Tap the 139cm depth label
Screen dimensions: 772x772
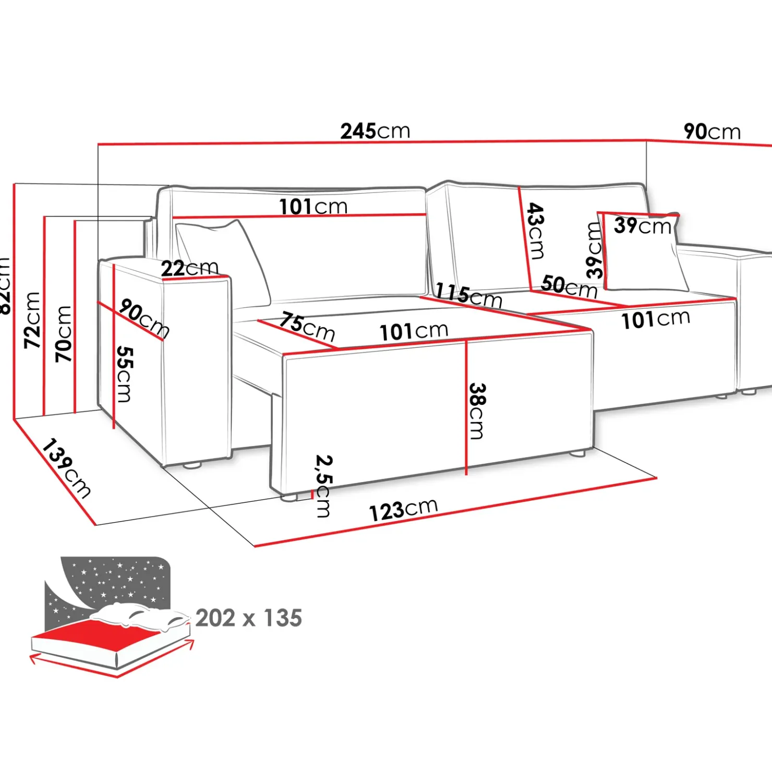click(66, 468)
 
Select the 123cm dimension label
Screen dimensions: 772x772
click(403, 510)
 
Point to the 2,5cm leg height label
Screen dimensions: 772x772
click(323, 486)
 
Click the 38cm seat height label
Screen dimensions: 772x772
click(477, 411)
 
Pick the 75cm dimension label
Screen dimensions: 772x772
click(307, 326)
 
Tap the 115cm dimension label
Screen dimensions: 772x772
click(468, 295)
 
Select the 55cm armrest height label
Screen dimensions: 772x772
click(124, 373)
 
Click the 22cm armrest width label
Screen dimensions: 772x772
click(189, 268)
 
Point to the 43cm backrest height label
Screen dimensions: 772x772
click(535, 231)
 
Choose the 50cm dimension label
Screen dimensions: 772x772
click(569, 286)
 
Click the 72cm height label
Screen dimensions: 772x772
click(32, 320)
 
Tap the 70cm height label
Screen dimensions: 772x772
click(64, 334)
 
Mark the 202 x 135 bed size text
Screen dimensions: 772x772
click(249, 618)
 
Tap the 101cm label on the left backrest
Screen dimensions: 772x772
click(313, 207)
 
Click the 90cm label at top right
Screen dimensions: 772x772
click(711, 131)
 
